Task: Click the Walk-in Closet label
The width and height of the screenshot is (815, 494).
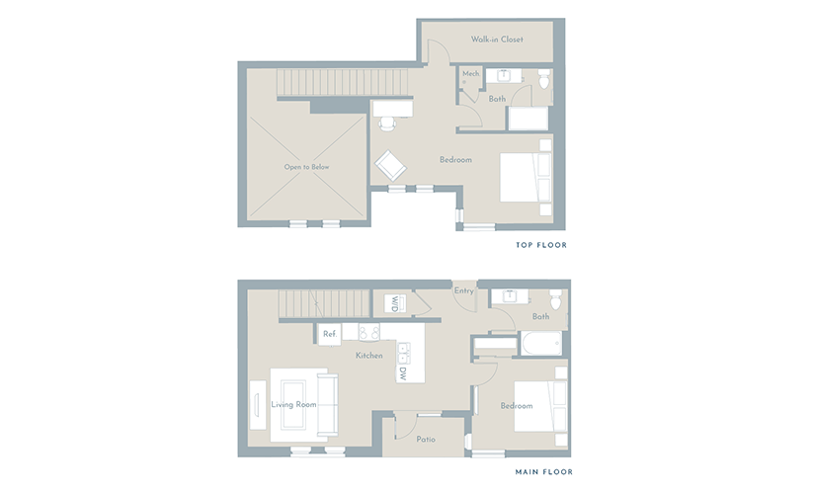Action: (x=497, y=39)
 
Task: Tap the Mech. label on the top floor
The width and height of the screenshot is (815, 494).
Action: (x=471, y=74)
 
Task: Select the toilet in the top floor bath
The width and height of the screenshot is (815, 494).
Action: (x=544, y=79)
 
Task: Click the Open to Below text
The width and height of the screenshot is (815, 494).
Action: (x=306, y=167)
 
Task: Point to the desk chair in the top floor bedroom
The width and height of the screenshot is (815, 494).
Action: (x=387, y=123)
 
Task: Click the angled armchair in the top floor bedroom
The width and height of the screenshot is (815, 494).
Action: (x=390, y=166)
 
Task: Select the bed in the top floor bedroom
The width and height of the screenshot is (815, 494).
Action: (x=526, y=177)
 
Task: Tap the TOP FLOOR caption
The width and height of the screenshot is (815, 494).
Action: (x=541, y=245)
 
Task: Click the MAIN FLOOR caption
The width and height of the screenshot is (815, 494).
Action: (x=543, y=472)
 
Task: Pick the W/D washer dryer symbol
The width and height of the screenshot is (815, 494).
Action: (x=395, y=303)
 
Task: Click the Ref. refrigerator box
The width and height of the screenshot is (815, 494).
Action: (x=330, y=334)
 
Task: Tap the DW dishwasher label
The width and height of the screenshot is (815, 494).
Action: (x=403, y=373)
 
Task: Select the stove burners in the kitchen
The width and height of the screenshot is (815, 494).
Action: (x=368, y=332)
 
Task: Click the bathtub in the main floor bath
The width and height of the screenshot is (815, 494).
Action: (x=541, y=343)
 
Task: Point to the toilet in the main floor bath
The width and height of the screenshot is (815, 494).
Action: (x=555, y=299)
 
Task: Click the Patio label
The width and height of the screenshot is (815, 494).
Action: (x=426, y=440)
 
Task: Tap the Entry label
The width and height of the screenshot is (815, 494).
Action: (x=464, y=290)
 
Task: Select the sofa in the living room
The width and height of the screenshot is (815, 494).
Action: (x=327, y=404)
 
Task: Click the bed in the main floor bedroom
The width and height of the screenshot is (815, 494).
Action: (x=540, y=407)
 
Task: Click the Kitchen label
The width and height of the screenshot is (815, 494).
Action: (x=369, y=356)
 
